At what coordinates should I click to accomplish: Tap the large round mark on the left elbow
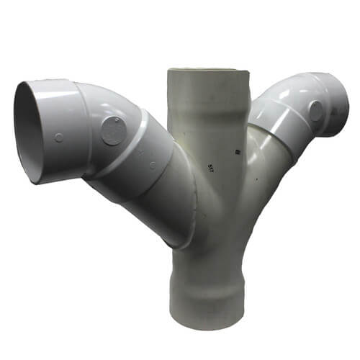(x=113, y=132)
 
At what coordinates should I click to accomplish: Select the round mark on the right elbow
(x=315, y=110)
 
